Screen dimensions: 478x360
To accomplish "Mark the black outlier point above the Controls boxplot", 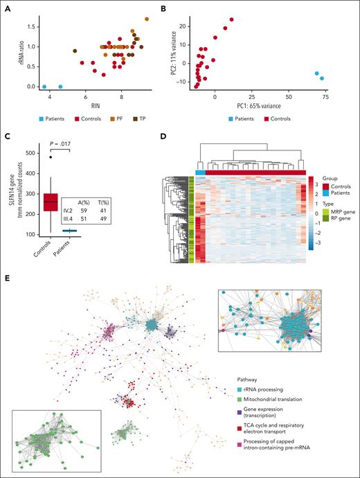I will click(49, 157).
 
